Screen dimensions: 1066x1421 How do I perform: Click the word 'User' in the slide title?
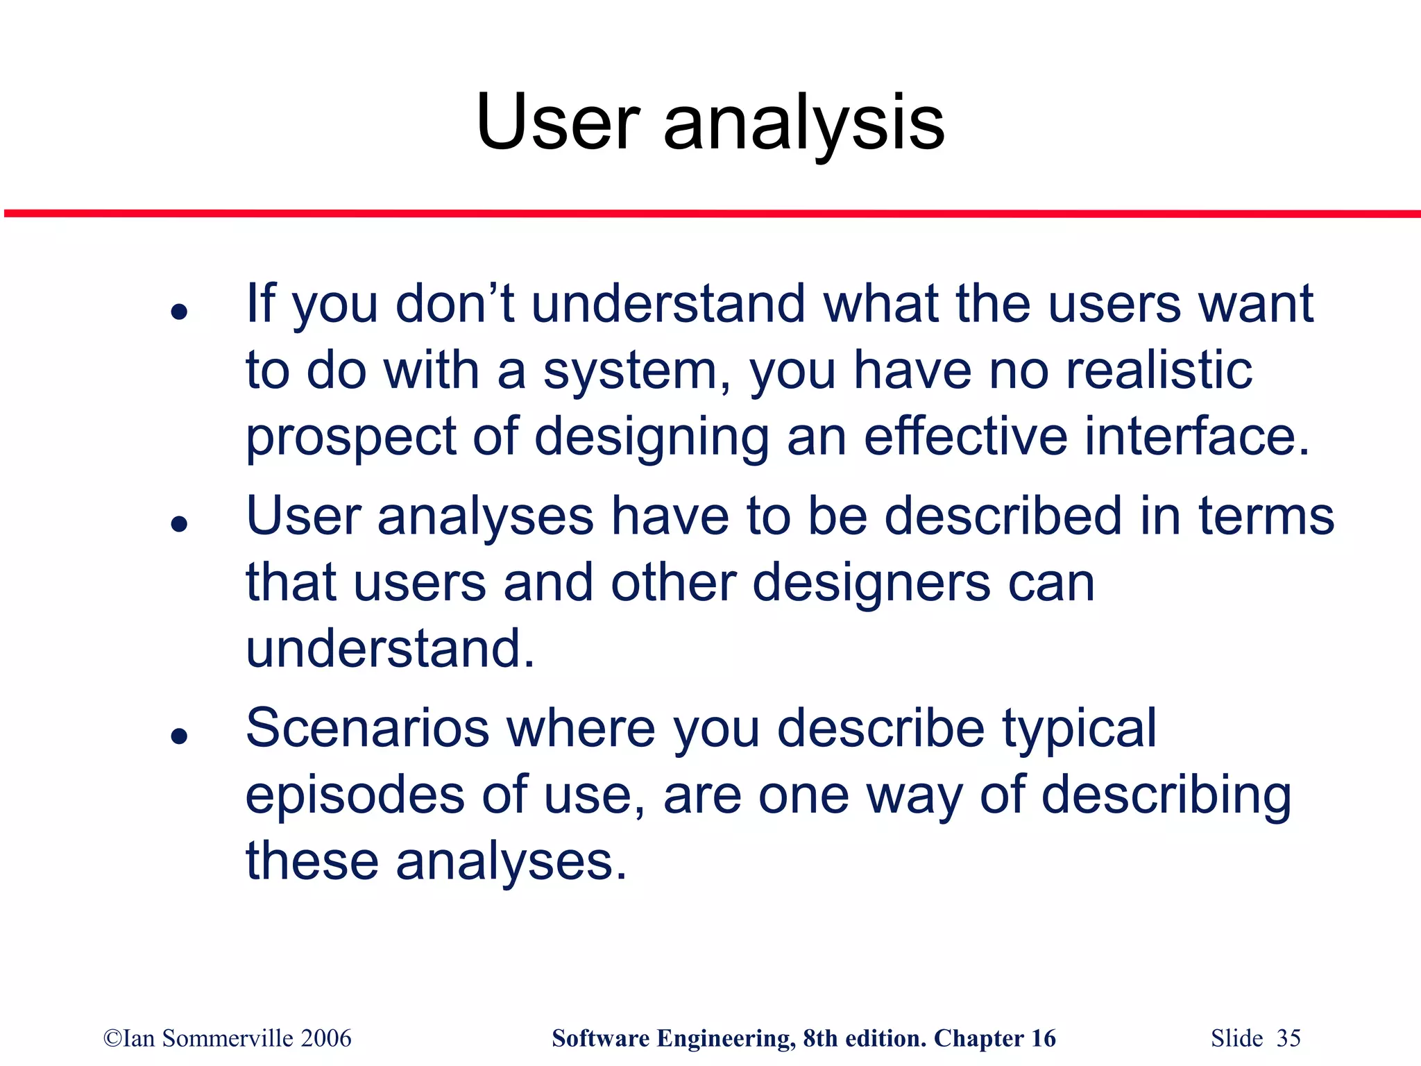[x=557, y=123]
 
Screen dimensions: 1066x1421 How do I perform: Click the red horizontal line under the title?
[x=710, y=214]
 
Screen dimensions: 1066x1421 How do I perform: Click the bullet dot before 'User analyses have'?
[x=180, y=524]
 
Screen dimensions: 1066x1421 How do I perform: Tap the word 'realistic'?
[x=1159, y=370]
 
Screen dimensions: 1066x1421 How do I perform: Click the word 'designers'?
[x=871, y=583]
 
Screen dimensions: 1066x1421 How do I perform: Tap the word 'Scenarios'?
[x=368, y=728]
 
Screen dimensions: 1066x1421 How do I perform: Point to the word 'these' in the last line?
[x=312, y=861]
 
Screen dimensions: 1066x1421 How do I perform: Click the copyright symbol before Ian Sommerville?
[x=112, y=1038]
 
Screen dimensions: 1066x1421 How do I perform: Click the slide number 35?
[x=1288, y=1038]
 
